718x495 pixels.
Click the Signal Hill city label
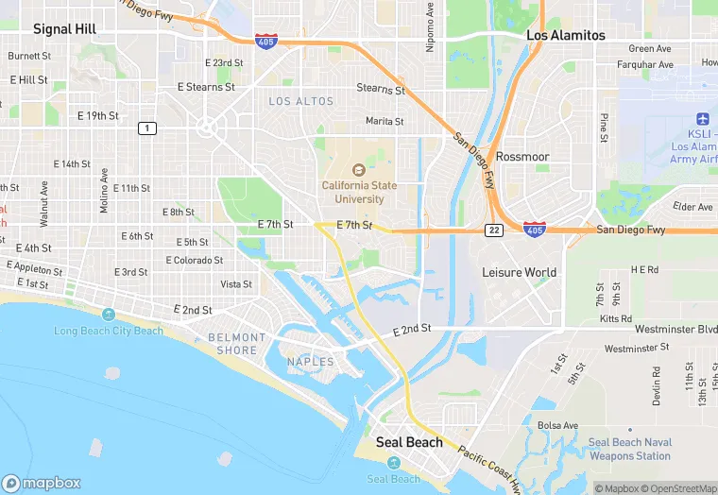coord(64,29)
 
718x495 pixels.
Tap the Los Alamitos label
coord(565,35)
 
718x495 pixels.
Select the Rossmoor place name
coord(522,156)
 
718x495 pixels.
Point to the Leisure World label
coord(519,272)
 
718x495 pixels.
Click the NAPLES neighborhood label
coord(311,362)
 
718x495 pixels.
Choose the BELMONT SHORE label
coord(237,344)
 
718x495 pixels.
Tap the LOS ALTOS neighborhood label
coord(301,101)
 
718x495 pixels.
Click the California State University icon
coord(358,170)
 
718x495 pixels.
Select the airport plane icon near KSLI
coord(701,118)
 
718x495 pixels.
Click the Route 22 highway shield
coord(494,230)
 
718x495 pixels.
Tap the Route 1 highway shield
coord(146,128)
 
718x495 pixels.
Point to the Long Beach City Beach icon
coord(109,315)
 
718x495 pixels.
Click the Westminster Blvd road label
coord(676,330)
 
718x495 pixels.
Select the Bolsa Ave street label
coord(557,425)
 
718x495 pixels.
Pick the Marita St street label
coord(385,121)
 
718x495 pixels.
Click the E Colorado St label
coord(195,260)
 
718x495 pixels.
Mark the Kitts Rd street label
coord(616,319)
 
